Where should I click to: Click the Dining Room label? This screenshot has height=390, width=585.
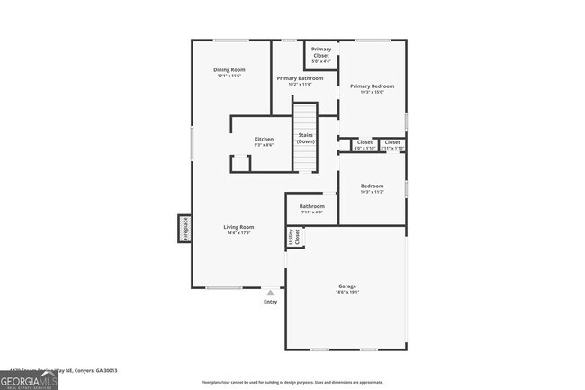coord(229,70)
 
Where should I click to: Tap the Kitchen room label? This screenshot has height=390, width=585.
coord(264,140)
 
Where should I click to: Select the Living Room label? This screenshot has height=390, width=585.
coord(238,227)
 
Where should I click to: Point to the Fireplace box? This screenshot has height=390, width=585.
coord(184,228)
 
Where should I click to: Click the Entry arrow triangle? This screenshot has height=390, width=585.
coord(270,292)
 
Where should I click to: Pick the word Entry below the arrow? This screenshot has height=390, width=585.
coord(270,302)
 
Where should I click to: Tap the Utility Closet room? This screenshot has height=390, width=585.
coord(293,237)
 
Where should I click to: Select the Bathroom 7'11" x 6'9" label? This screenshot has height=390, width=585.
coord(312,206)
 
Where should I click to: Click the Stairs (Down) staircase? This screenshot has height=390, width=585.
coord(306,137)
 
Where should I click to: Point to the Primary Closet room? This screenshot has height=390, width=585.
coord(321,55)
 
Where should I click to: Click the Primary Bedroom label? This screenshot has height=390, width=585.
coord(372,86)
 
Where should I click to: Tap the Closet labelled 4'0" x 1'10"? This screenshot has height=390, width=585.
coord(364,143)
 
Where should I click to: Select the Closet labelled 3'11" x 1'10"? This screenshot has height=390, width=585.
coord(392,143)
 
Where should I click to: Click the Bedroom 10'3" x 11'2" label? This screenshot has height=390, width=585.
coord(372,186)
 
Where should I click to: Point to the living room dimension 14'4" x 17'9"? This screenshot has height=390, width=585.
coord(238,232)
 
